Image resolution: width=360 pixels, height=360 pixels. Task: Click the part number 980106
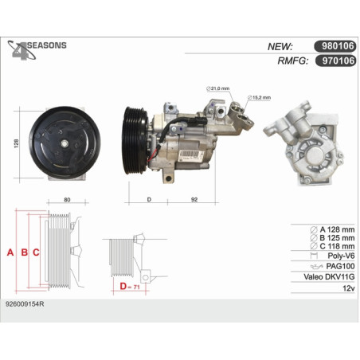pos(338,46)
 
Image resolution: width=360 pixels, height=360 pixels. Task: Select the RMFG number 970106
pos(338,61)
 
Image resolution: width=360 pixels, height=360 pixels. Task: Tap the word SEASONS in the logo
pos(47,45)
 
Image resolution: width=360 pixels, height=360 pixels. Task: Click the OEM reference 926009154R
pos(25,304)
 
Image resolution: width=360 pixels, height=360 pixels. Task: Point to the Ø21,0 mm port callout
pos(218,88)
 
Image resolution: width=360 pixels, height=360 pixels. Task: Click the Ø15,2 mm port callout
pos(259,97)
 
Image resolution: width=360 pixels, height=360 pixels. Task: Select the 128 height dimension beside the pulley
pos(16,143)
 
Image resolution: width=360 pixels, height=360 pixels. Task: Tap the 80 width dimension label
pos(67,200)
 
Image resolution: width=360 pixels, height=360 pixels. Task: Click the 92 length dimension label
pos(194,199)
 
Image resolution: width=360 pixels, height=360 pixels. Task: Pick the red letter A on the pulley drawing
pos(10,252)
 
